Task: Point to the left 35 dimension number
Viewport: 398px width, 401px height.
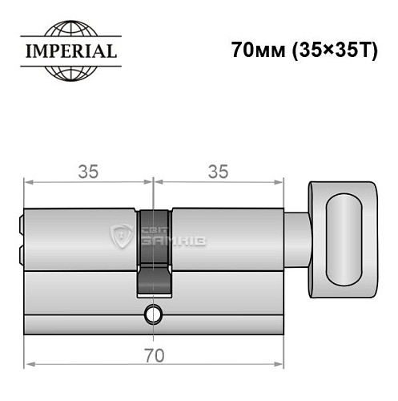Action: [89, 172]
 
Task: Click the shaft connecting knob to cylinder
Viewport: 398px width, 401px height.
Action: [296, 238]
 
